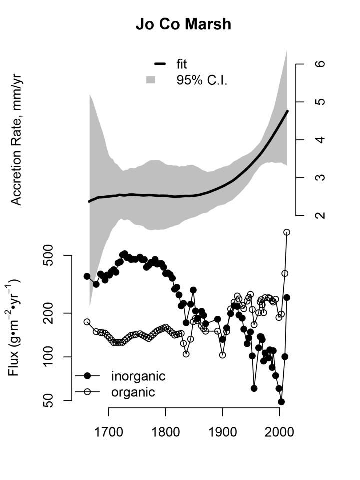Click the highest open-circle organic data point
(287, 232)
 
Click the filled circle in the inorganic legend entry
(87, 376)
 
